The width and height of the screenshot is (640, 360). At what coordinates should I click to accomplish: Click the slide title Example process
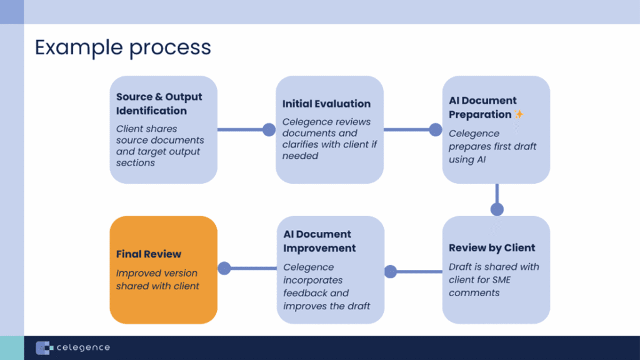tap(123, 47)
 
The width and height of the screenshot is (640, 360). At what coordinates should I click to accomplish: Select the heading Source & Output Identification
tap(159, 104)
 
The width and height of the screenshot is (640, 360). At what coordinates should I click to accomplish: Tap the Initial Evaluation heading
tap(326, 104)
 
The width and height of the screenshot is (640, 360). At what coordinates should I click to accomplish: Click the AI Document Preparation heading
tap(482, 107)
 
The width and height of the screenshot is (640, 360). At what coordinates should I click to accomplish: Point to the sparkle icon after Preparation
tap(519, 114)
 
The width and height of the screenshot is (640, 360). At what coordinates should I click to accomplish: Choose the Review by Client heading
tap(492, 248)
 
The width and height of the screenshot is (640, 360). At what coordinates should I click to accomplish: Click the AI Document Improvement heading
tap(319, 241)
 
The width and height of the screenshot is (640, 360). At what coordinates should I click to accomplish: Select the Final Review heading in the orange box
tap(149, 254)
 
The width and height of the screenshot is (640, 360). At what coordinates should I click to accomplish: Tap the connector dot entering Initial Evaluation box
tap(269, 129)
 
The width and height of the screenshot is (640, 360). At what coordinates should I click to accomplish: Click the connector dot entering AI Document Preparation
tap(436, 129)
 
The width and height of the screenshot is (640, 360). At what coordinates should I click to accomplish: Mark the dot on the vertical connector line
tap(497, 209)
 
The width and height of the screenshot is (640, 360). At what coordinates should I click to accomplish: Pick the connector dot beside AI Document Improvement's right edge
tap(391, 271)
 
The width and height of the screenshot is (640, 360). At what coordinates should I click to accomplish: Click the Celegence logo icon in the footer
tap(43, 347)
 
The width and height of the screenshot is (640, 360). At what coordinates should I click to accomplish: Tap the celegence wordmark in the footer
tap(82, 347)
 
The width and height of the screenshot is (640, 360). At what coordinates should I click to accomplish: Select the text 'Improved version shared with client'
tap(157, 280)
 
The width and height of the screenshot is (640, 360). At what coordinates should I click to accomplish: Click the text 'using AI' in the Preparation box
tap(467, 159)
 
